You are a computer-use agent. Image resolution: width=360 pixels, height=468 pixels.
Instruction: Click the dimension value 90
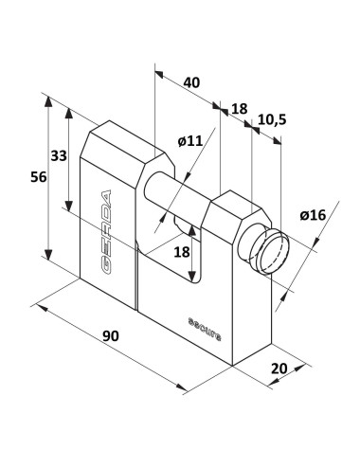[x=111, y=335]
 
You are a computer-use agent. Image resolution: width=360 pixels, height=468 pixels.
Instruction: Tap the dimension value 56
[x=39, y=177]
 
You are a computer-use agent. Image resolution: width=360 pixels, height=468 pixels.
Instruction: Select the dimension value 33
[x=59, y=155]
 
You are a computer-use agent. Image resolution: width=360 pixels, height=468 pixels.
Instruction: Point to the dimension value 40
[x=191, y=82]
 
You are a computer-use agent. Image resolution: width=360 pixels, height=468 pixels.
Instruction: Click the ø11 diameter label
[x=189, y=141]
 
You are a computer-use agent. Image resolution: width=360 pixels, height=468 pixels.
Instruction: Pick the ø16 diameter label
[x=313, y=215]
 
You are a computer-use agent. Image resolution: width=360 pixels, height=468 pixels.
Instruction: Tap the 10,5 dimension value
[x=272, y=119]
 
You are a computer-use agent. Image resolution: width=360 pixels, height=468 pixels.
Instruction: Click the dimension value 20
[x=279, y=369]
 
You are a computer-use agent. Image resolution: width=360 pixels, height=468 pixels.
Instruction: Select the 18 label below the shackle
[x=182, y=252]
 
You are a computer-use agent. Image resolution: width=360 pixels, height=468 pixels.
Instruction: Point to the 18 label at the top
[x=240, y=109]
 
